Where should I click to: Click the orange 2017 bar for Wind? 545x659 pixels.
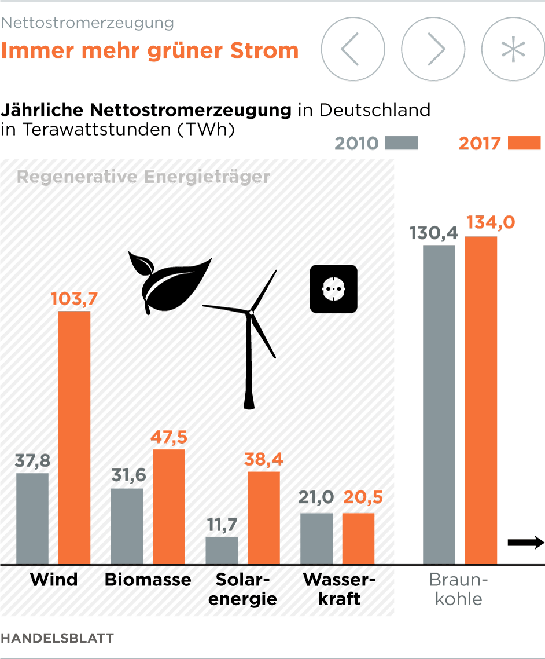tap(74, 437)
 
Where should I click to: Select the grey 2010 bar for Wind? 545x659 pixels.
tap(32, 518)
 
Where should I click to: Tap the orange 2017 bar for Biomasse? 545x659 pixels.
tap(169, 507)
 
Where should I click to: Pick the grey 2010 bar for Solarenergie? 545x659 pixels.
tap(222, 550)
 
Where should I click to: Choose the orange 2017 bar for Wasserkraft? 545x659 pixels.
tap(358, 539)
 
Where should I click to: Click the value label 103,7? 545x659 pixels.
tap(74, 299)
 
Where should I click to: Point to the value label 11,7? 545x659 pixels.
tap(222, 525)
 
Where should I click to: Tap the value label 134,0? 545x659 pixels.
tap(490, 223)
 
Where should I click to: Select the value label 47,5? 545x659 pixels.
tap(169, 437)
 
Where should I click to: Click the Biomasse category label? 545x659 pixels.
tap(148, 580)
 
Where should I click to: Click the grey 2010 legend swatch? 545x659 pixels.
tap(402, 143)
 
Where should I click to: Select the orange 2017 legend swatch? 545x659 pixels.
tap(524, 143)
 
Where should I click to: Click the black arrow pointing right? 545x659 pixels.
tap(526, 543)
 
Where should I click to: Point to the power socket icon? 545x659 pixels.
tap(334, 288)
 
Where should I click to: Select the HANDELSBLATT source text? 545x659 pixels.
tap(57, 638)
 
